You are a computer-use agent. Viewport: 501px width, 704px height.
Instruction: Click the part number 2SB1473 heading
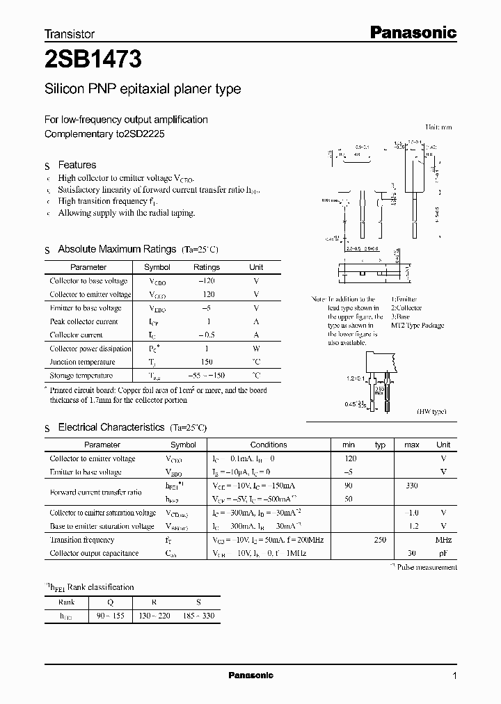[93, 61]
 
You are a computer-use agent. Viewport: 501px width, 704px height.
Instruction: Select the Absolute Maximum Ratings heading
[117, 249]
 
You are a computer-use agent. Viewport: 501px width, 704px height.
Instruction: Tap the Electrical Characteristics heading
[111, 427]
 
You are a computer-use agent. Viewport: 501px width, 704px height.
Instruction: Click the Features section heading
[77, 165]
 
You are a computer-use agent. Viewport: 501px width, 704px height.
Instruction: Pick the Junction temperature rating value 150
[206, 362]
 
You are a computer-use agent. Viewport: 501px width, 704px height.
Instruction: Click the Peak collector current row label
[83, 321]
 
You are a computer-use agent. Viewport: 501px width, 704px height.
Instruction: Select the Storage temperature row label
[81, 376]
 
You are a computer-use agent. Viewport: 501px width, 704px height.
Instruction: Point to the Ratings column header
[206, 267]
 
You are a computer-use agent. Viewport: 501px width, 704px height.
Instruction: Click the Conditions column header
[269, 445]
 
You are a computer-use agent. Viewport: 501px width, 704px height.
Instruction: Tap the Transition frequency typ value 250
[380, 540]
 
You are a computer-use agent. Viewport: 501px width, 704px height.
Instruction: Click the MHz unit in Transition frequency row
[443, 540]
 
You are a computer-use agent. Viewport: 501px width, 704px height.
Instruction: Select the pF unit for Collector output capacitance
[443, 553]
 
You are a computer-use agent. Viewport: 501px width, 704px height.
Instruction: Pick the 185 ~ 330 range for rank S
[199, 616]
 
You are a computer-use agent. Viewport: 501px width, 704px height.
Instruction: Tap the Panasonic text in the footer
[250, 675]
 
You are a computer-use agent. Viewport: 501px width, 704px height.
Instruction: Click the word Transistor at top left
[69, 33]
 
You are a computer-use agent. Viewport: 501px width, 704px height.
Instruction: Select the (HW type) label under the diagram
[431, 412]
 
